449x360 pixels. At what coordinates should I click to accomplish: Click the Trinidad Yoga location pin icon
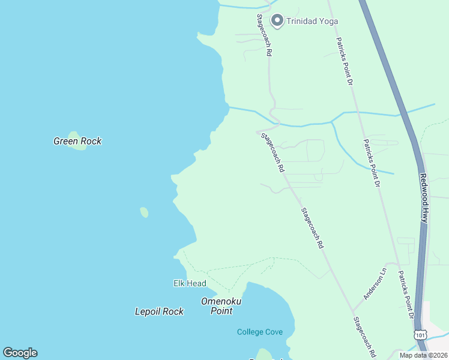[277, 21]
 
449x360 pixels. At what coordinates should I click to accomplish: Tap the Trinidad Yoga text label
[313, 22]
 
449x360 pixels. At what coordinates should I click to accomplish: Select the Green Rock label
[77, 142]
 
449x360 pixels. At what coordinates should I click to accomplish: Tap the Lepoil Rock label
[159, 311]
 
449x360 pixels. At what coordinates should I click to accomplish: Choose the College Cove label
[260, 332]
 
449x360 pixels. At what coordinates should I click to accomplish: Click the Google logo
[20, 353]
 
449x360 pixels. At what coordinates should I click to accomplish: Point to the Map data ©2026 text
[424, 355]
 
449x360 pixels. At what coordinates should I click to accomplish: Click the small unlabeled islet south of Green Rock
[144, 212]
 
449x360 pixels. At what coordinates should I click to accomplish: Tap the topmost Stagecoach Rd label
[265, 35]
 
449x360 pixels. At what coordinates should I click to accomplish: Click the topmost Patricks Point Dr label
[343, 61]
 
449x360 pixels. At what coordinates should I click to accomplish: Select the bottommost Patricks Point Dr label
[405, 293]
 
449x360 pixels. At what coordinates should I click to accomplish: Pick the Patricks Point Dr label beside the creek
[372, 163]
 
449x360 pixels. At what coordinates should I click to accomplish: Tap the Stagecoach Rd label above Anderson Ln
[312, 228]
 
